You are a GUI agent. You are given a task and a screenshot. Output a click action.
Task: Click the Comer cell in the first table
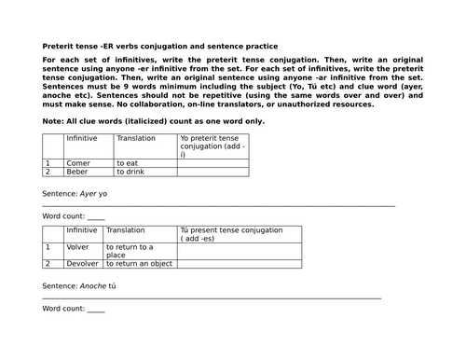pos(78,163)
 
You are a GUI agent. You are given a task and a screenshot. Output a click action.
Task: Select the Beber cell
pos(78,173)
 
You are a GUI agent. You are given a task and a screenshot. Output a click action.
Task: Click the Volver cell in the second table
pos(78,247)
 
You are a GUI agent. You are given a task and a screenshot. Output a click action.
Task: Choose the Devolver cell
pos(83,264)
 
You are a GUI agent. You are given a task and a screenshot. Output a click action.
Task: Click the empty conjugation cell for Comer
pos(213,163)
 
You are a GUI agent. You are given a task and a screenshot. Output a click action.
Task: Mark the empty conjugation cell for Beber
pos(213,173)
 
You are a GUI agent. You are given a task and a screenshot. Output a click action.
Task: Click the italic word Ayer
pos(89,194)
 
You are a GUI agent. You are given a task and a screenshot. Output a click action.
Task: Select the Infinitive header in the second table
pos(82,229)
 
